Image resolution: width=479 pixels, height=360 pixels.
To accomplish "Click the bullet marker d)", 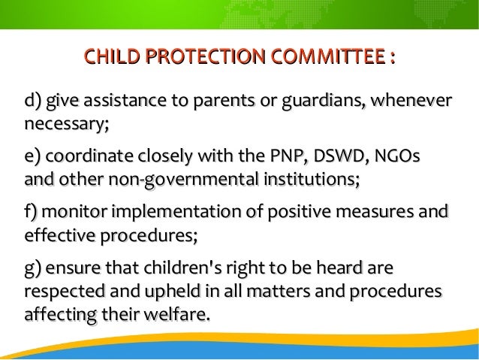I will point(34,101).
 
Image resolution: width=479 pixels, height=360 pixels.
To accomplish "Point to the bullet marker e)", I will point(34,159).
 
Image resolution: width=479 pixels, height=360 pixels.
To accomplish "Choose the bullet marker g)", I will point(34,270).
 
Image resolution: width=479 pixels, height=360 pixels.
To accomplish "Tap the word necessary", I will point(66,123).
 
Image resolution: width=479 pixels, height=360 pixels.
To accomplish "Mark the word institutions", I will point(309,181).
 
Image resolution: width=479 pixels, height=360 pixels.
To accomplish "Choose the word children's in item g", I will point(164,270).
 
